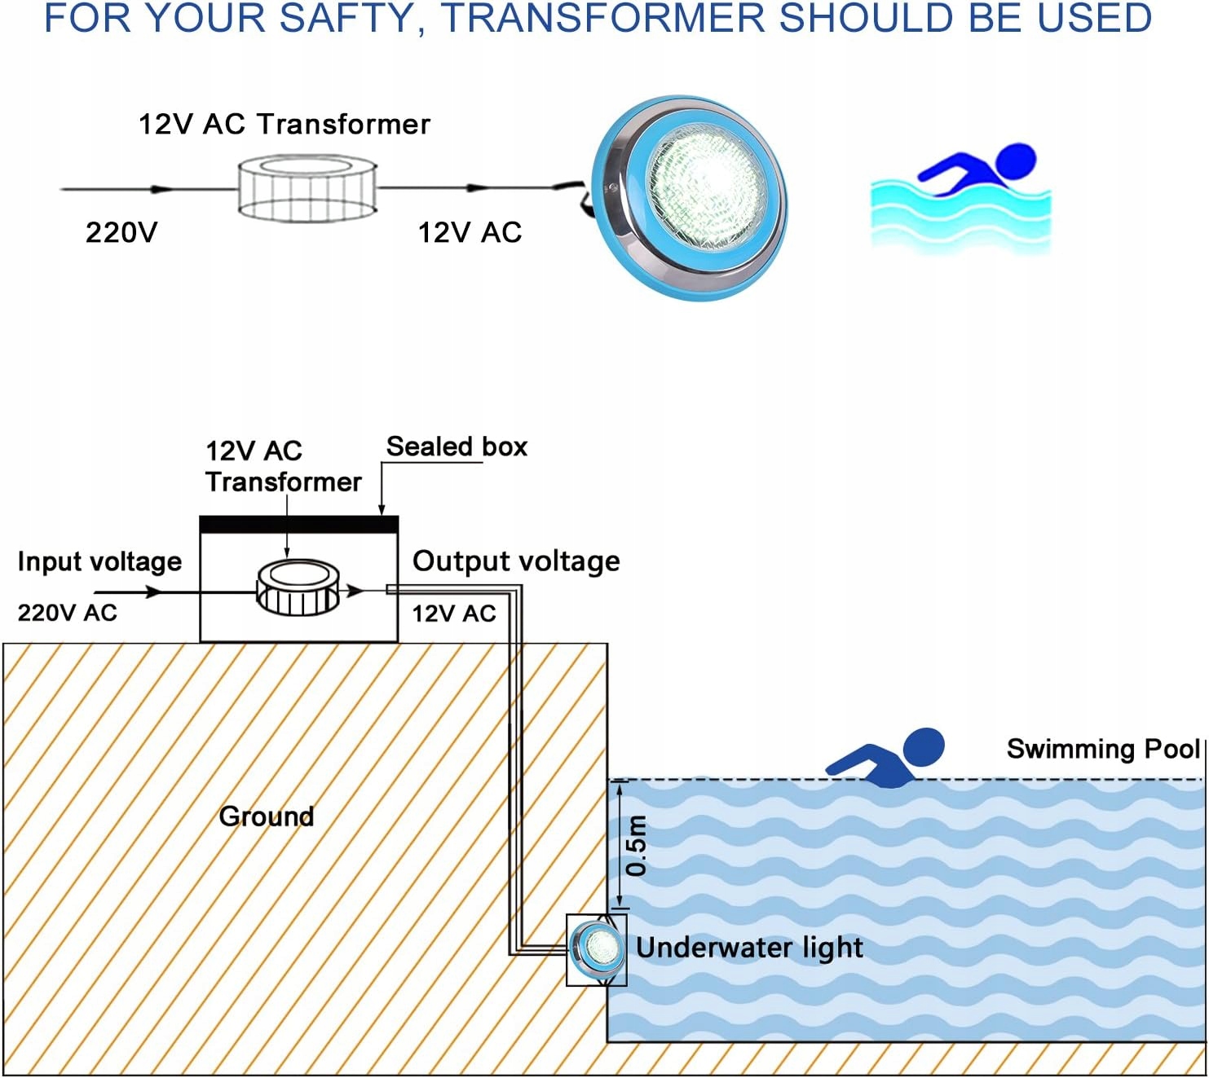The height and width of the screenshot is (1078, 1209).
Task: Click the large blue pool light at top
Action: [691, 197]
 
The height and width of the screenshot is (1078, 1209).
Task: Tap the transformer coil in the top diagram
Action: [307, 189]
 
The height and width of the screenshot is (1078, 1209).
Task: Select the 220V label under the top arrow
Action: [121, 232]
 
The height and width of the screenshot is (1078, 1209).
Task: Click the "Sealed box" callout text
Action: [457, 447]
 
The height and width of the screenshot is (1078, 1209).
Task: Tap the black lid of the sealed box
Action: [299, 525]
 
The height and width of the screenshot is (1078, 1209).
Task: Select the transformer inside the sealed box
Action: [298, 587]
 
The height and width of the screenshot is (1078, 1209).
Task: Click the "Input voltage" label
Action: [99, 561]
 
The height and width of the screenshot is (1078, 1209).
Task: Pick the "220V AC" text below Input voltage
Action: [68, 613]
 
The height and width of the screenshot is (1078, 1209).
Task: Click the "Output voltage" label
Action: [516, 561]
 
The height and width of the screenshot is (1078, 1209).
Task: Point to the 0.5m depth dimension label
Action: [637, 845]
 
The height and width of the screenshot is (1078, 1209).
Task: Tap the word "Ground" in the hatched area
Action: [267, 816]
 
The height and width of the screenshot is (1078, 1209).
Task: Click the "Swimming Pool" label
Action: [1103, 749]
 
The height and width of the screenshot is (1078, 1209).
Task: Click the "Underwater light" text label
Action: [749, 948]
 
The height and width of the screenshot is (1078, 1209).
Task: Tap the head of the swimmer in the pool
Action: [924, 746]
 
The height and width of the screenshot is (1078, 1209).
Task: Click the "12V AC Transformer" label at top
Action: [285, 124]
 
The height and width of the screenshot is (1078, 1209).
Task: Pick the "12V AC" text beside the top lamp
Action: [470, 232]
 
